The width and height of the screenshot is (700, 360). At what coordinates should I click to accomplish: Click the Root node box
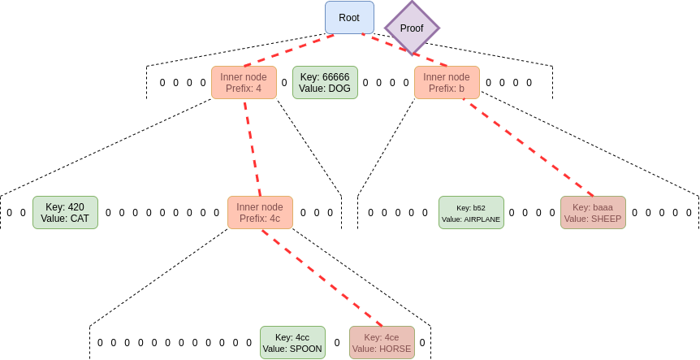click(349, 18)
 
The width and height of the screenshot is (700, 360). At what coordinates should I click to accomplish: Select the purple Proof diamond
click(412, 28)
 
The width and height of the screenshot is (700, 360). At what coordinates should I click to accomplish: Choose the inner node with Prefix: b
click(446, 83)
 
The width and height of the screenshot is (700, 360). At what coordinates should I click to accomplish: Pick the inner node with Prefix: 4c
click(260, 212)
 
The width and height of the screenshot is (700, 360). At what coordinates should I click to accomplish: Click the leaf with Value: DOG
click(324, 83)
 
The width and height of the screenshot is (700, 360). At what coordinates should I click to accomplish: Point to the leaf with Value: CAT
click(65, 212)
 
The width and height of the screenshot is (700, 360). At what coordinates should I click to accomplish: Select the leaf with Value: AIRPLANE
click(471, 213)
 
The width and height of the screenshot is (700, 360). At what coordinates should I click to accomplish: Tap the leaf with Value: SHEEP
click(593, 213)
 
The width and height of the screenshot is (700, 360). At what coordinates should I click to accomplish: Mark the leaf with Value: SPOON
click(292, 343)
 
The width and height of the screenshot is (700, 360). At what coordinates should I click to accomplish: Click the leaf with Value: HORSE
click(382, 343)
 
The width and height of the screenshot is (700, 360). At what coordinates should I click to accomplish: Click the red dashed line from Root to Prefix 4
click(288, 50)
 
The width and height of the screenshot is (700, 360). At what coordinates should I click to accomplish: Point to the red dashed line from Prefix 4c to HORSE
click(321, 277)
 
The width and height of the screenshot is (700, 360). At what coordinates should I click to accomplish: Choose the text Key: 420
click(65, 206)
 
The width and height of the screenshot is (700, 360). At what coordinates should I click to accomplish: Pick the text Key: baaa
click(593, 207)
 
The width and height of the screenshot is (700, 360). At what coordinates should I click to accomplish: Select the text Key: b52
click(471, 207)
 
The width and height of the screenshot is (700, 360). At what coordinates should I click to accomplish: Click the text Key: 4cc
click(292, 337)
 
